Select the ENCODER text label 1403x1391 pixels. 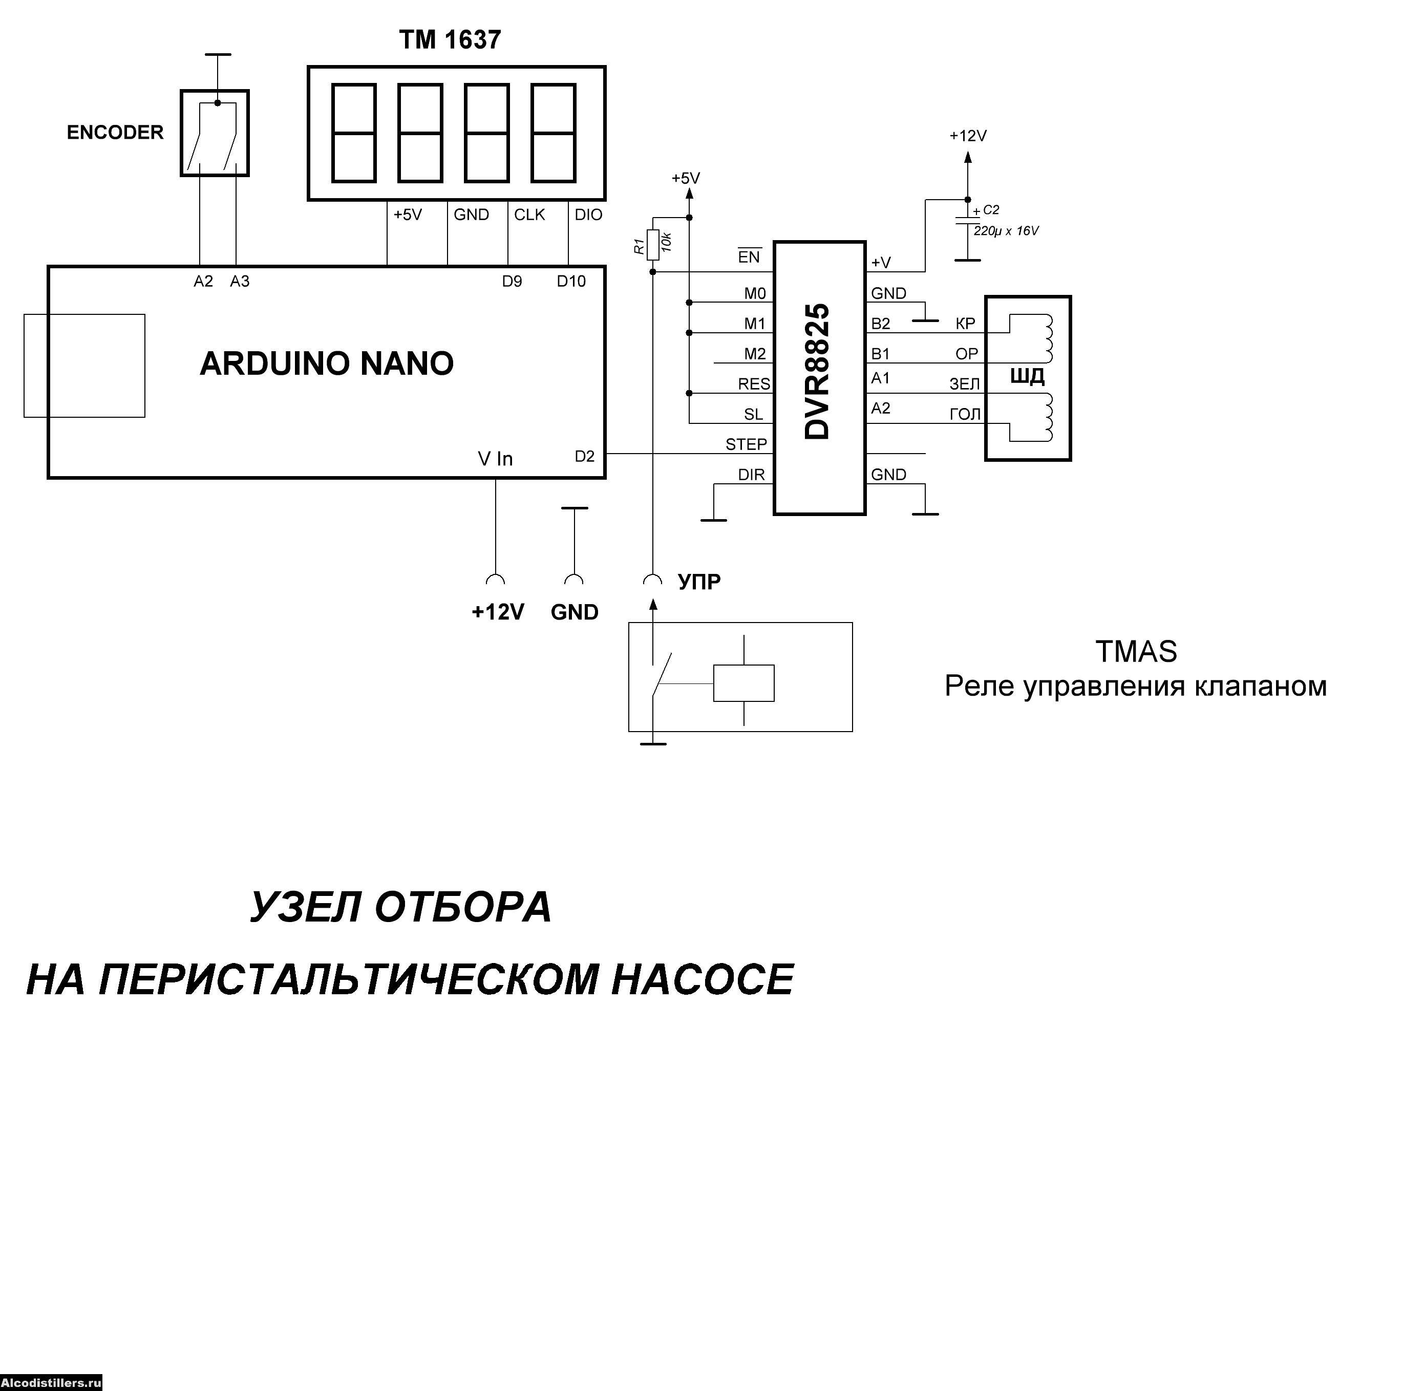point(115,133)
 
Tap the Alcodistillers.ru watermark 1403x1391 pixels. point(51,1383)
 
